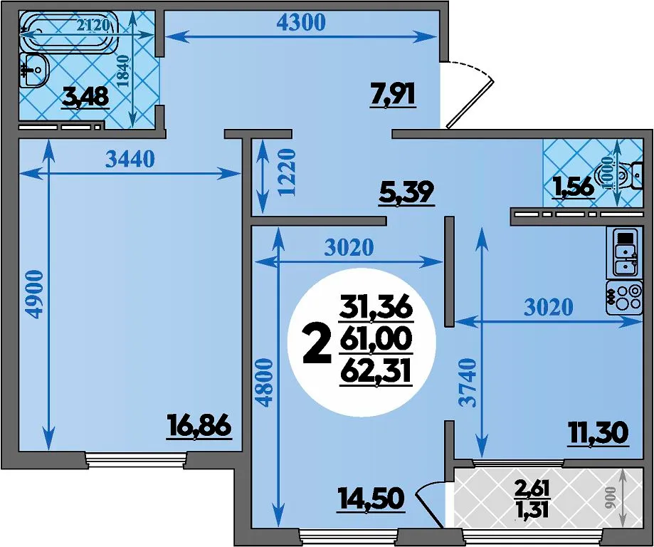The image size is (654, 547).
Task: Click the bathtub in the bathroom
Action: pos(68,31)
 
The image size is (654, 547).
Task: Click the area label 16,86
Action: pos(199,426)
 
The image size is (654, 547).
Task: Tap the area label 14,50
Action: pos(372,499)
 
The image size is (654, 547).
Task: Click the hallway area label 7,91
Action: pos(393,94)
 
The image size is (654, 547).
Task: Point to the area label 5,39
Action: pos(406,193)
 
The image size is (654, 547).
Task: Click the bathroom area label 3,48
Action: pos(85,98)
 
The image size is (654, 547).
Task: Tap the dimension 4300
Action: pos(301,23)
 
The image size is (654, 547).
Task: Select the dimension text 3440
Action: pos(130,159)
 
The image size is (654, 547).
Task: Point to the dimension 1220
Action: pos(287,172)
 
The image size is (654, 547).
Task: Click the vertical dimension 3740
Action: pos(467,382)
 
